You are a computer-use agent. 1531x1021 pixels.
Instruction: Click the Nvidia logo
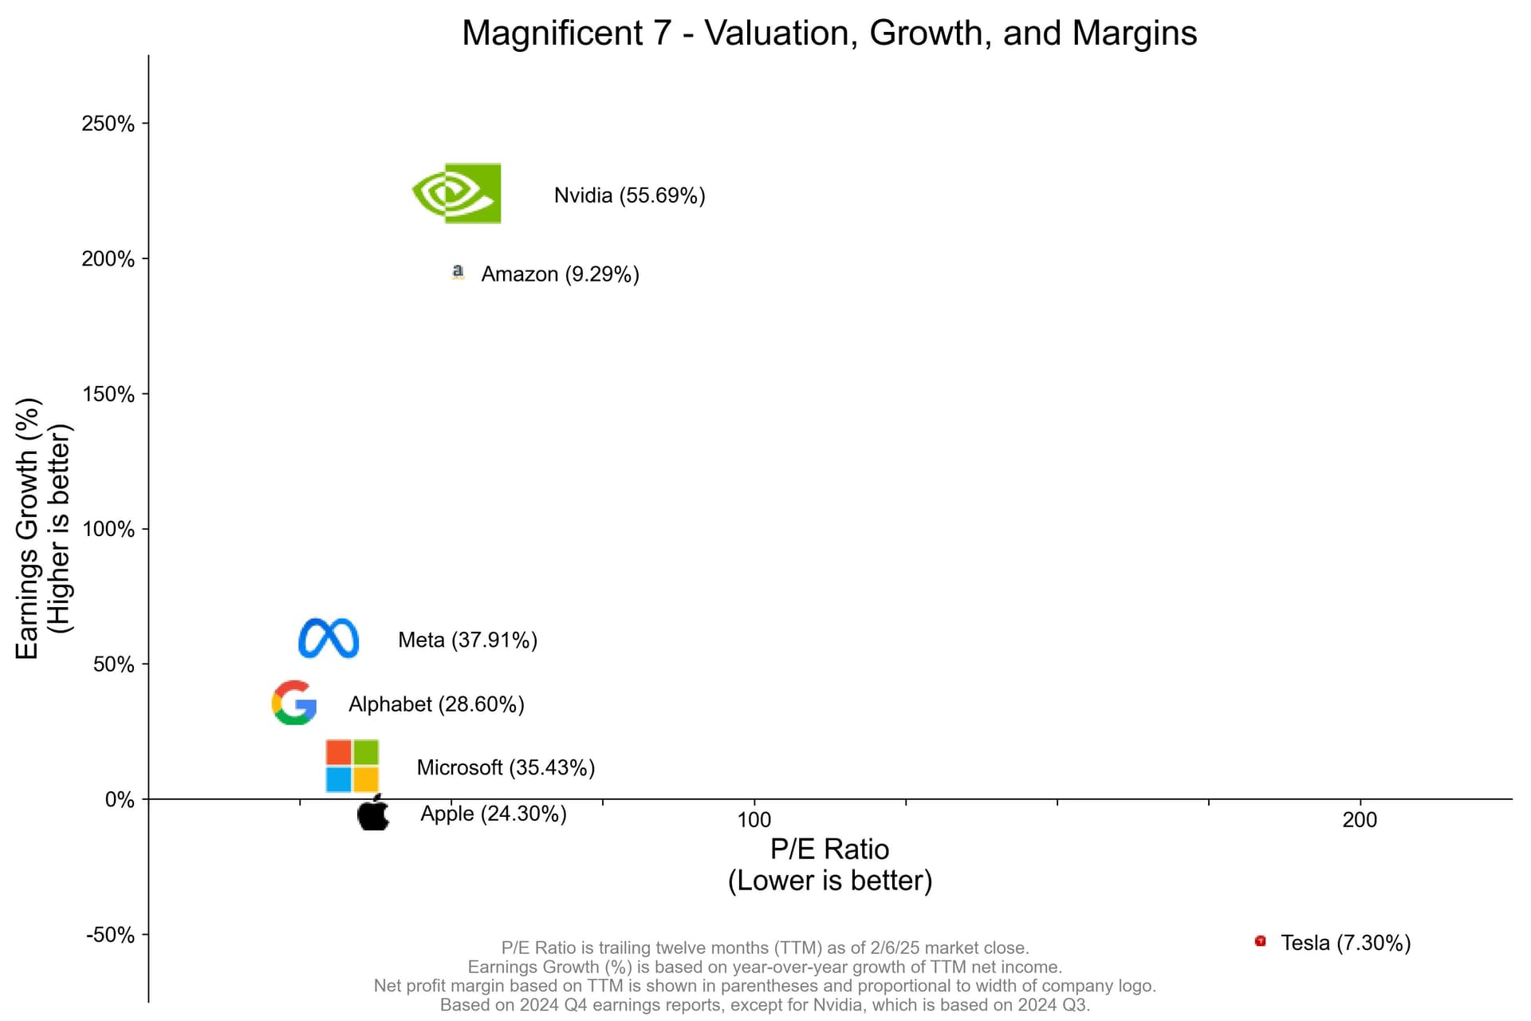coord(457,193)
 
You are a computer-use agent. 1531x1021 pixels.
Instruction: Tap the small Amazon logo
coord(458,272)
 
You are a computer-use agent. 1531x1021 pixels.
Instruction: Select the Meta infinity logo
coord(329,638)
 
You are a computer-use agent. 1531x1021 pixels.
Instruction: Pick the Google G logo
coord(294,703)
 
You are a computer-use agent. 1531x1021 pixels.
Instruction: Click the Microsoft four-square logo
coord(352,766)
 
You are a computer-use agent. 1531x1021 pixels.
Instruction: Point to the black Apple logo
coord(373,813)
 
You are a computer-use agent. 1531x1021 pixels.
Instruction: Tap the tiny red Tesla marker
coord(1260,941)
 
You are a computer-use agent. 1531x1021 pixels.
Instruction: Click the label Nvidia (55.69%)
coord(629,195)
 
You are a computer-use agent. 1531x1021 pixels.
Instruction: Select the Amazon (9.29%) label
coord(560,274)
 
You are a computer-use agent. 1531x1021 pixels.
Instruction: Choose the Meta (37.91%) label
coord(467,640)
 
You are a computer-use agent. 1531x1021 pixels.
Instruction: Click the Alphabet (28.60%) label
coord(436,704)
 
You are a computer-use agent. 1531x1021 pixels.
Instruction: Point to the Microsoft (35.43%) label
coord(506,767)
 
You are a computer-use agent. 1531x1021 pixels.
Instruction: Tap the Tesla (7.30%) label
coord(1345,943)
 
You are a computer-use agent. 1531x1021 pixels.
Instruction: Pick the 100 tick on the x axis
coord(754,819)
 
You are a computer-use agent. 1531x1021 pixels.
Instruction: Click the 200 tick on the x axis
coord(1360,819)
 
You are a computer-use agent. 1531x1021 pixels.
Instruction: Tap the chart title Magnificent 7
coord(829,34)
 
